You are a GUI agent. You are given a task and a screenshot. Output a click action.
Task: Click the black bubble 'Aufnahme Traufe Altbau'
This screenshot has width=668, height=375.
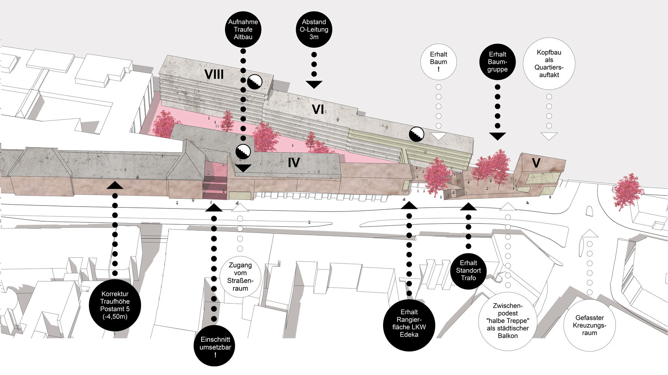click(x=243, y=29)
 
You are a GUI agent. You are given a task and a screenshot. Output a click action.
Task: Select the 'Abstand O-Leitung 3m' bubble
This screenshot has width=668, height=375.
click(x=314, y=29)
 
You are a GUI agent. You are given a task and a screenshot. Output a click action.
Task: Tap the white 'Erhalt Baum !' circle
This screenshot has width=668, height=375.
click(x=438, y=62)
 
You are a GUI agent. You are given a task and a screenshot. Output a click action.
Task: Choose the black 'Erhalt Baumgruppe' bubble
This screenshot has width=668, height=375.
click(x=497, y=62)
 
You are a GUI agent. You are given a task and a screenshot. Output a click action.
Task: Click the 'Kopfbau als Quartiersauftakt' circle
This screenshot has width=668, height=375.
click(x=549, y=64)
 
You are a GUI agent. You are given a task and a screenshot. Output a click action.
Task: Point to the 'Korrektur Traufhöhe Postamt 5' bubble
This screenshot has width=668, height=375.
click(x=115, y=305)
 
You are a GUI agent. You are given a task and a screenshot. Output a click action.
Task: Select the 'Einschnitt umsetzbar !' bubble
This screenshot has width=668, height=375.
click(x=215, y=346)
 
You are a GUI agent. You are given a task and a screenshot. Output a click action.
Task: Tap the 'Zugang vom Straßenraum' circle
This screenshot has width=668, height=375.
click(x=240, y=276)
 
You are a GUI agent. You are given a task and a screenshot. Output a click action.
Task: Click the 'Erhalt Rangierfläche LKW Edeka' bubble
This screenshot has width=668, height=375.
click(x=409, y=323)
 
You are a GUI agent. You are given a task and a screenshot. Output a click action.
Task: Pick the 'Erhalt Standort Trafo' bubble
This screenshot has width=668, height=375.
click(x=468, y=270)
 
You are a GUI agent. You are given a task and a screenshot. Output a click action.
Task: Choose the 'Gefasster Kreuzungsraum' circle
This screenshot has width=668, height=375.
click(x=589, y=325)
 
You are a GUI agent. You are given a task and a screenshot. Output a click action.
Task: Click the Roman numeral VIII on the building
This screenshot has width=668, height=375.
click(x=214, y=74)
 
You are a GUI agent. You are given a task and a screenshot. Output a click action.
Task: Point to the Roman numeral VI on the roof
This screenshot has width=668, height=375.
click(x=317, y=109)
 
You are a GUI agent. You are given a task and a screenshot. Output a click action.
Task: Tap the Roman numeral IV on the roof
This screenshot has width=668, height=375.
click(x=293, y=162)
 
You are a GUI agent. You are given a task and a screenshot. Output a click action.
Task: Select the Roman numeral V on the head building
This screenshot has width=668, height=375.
click(x=536, y=163)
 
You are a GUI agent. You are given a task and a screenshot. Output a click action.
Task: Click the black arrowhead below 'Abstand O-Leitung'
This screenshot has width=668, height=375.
click(x=314, y=84)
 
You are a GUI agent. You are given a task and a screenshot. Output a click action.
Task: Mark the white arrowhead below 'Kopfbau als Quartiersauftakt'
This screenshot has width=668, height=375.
click(x=549, y=136)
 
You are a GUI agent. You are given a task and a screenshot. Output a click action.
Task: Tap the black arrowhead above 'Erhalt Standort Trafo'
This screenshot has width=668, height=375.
click(x=468, y=207)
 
